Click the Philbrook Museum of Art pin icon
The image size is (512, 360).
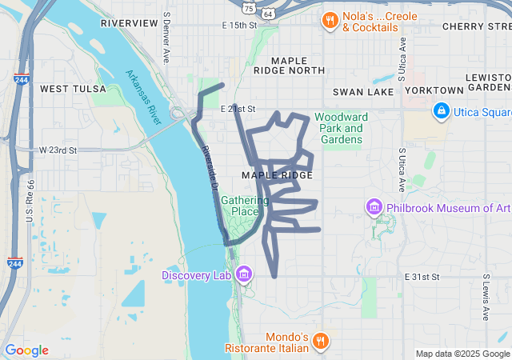tap(374, 208)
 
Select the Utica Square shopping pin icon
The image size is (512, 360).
tap(441, 110)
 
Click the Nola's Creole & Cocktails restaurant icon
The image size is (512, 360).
tap(329, 20)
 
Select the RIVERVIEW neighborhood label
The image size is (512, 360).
tap(130, 23)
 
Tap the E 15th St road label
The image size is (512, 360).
tap(239, 26)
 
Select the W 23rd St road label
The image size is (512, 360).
tap(57, 150)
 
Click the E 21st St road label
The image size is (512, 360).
tap(237, 109)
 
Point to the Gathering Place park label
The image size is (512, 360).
tap(240, 206)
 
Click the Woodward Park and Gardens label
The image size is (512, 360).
tap(339, 128)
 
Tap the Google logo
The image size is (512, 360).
tap(26, 350)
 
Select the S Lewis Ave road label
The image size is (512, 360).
tap(486, 295)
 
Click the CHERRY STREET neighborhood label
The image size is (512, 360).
tap(477, 26)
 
